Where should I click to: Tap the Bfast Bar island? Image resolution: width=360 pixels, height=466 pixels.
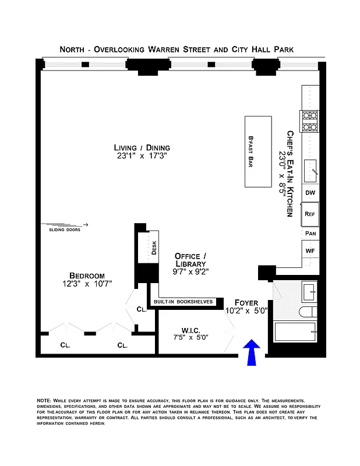click(257, 151)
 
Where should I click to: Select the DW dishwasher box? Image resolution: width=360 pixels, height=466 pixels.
click(310, 193)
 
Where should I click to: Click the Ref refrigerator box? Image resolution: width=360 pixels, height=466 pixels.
click(310, 214)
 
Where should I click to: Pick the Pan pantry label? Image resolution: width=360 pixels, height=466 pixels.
click(310, 233)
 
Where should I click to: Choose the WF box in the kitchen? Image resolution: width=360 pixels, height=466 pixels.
click(310, 250)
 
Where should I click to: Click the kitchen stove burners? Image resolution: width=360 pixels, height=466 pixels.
click(309, 121)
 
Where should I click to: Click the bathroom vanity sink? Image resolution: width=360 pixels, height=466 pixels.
click(308, 290)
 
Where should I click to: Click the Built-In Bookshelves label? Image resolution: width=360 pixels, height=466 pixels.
click(183, 302)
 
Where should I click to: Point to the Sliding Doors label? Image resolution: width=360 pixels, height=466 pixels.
click(65, 230)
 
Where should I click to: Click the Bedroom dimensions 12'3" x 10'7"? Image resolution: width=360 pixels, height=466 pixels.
click(87, 283)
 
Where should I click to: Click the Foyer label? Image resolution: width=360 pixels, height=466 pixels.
click(246, 302)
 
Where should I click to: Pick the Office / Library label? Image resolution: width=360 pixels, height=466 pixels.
click(191, 260)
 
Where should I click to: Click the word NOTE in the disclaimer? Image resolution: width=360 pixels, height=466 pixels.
click(44, 401)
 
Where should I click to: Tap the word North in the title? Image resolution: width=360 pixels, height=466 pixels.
click(75, 50)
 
